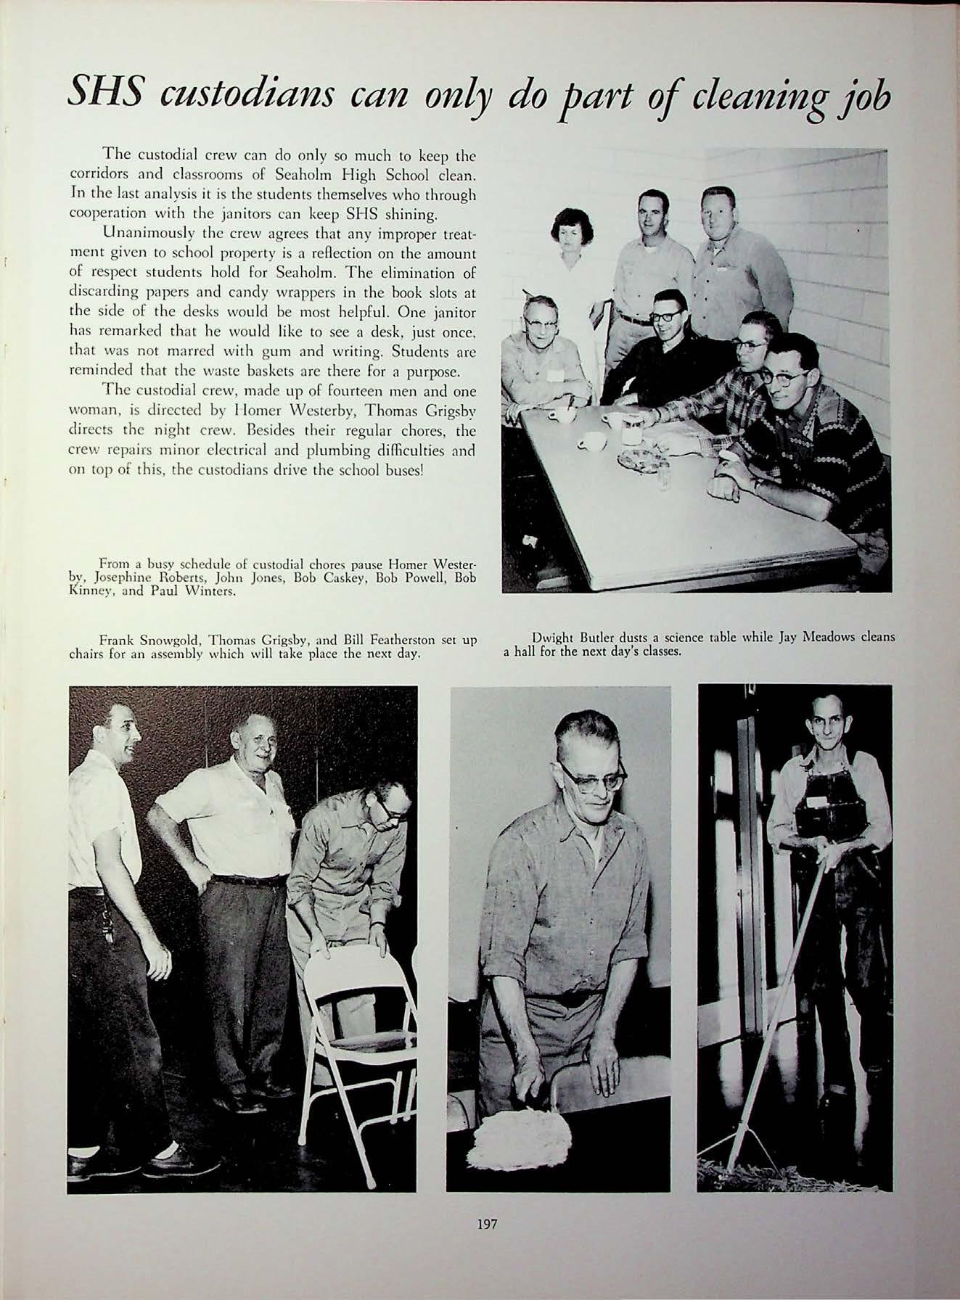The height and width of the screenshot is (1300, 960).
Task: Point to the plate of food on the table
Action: click(x=639, y=457)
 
